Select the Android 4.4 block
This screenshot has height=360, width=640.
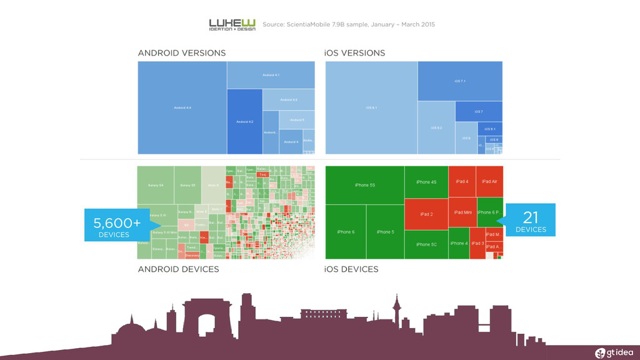click(x=182, y=107)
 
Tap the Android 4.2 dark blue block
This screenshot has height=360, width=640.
click(x=244, y=121)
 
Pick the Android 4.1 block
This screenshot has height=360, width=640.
click(x=271, y=75)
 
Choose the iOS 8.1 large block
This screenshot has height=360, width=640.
click(x=371, y=107)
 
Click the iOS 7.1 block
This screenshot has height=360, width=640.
click(x=459, y=81)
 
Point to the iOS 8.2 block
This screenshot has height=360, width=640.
click(x=436, y=127)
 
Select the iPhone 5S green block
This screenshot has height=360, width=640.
click(x=364, y=185)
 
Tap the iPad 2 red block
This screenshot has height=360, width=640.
click(x=426, y=214)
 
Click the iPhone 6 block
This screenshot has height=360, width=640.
click(x=346, y=232)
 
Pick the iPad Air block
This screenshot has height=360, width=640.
click(x=489, y=181)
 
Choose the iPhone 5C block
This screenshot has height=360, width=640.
click(x=426, y=244)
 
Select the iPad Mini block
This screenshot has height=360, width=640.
click(x=462, y=212)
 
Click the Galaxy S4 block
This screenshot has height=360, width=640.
click(x=156, y=185)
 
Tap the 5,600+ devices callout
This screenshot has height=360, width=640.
click(x=116, y=226)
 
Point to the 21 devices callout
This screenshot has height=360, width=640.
click(x=530, y=221)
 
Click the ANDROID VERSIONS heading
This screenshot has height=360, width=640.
click(x=181, y=53)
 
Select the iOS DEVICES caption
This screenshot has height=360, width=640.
click(x=351, y=269)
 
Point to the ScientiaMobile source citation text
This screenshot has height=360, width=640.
click(x=348, y=24)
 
